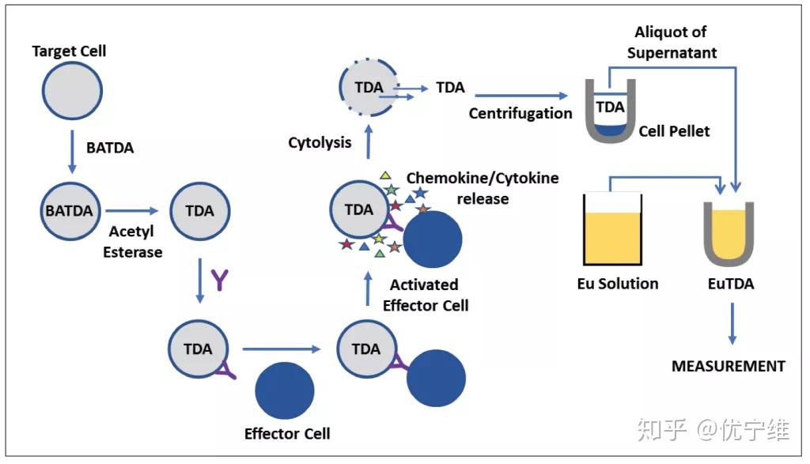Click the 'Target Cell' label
click(x=69, y=51)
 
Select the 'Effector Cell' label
click(x=287, y=433)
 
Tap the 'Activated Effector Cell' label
click(x=426, y=294)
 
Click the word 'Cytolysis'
click(x=320, y=142)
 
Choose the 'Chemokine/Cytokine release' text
click(x=482, y=187)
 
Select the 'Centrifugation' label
click(x=520, y=113)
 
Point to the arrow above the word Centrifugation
click(x=523, y=96)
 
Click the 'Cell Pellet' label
click(x=674, y=130)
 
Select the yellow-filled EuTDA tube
click(x=728, y=233)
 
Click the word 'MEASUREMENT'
click(x=728, y=366)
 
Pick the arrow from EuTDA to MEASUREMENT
click(x=731, y=324)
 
